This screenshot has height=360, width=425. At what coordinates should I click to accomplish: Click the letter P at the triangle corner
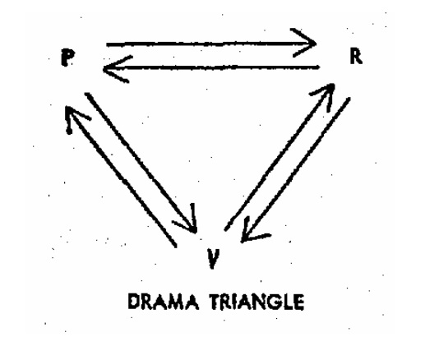tap(67, 58)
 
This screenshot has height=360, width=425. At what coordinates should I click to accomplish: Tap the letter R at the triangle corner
tap(356, 57)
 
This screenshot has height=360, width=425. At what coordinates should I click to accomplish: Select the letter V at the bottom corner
tap(213, 258)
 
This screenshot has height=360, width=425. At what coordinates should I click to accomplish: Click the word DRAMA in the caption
tap(164, 302)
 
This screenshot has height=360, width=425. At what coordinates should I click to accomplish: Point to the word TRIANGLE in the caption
tap(257, 302)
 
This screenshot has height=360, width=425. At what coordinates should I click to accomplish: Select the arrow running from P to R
tap(211, 44)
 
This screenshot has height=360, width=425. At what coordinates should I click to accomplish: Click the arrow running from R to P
tap(211, 67)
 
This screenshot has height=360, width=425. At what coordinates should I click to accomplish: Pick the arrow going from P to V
tap(141, 164)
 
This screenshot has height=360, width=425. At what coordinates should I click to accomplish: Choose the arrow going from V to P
tap(121, 177)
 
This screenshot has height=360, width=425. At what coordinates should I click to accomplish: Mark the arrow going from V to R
tap(279, 157)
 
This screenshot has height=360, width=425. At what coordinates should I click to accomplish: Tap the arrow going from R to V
tap(295, 169)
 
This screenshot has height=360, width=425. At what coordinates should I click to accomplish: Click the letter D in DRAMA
tap(134, 302)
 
